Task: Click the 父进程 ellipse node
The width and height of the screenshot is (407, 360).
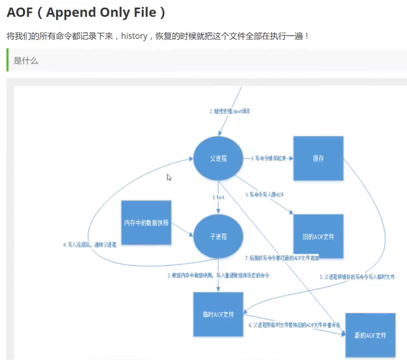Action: coord(218,159)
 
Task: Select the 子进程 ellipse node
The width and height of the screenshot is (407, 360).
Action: coord(218,237)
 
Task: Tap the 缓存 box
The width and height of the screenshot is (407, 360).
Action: coord(318,158)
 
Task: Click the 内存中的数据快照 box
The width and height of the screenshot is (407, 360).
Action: coord(146,223)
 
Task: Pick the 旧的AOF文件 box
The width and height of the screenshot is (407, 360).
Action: coord(318,237)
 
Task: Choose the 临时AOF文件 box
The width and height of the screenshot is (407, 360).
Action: coord(218,315)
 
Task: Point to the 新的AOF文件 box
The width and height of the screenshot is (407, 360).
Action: coord(370,335)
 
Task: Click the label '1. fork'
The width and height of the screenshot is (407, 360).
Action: coord(219,197)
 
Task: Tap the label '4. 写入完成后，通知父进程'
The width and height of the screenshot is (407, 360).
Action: coord(90,245)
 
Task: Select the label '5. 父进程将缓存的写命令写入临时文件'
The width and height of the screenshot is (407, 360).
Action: coord(357,277)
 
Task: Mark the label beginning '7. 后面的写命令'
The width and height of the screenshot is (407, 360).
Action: coord(282,258)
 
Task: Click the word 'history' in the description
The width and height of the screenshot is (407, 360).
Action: coord(134,36)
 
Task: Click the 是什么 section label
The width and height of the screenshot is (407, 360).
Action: coord(26,61)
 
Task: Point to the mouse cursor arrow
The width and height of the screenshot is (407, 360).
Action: coord(169,177)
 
